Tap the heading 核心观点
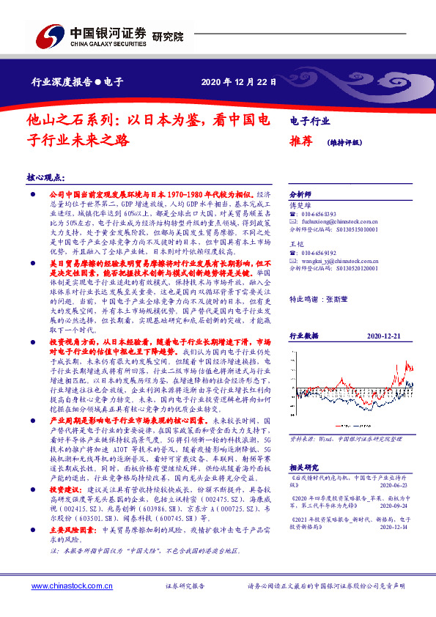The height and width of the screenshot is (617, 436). pos(45,177)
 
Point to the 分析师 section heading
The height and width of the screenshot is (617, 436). pos(301,195)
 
